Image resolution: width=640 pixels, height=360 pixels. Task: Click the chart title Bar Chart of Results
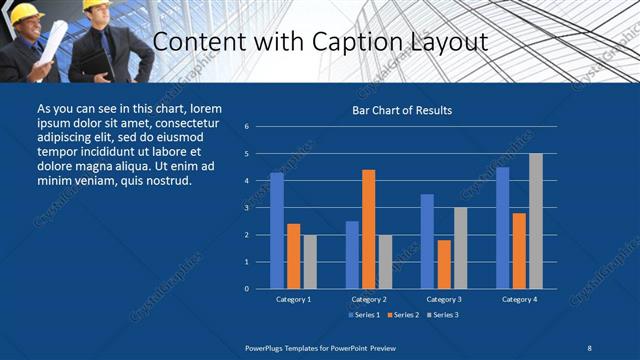(x=402, y=110)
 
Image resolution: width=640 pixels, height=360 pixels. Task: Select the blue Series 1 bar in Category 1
(x=277, y=230)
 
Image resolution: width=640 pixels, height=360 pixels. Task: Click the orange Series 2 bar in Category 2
(x=369, y=228)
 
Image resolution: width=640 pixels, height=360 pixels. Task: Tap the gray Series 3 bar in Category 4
(x=536, y=221)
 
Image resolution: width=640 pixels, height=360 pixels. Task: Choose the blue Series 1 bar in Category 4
(x=502, y=227)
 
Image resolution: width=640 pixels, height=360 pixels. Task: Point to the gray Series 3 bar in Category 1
(x=310, y=261)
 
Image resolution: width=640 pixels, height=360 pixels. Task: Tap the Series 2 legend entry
(x=403, y=315)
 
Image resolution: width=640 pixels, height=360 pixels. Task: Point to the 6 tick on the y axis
(x=246, y=127)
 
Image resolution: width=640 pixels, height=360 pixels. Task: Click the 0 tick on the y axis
(x=246, y=289)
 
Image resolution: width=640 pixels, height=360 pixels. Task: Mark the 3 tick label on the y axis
(x=246, y=208)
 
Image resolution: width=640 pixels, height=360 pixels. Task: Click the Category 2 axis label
(x=369, y=299)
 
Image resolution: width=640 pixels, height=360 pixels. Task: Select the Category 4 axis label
(x=519, y=299)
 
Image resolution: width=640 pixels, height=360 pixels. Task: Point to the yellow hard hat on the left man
(x=23, y=11)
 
